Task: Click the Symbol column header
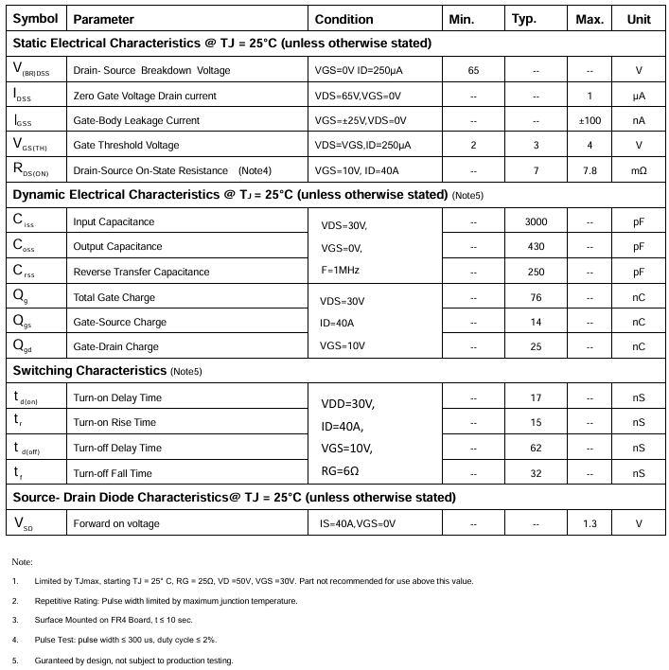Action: point(35,19)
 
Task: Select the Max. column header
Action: point(590,19)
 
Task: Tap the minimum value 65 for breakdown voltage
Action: point(473,71)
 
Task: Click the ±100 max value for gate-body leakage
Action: point(590,120)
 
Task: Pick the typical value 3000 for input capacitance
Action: point(536,221)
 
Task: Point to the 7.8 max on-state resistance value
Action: point(590,170)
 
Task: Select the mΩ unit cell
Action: point(639,170)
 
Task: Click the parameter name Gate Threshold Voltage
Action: point(126,146)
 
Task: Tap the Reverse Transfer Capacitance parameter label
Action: point(141,272)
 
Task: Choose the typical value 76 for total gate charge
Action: point(536,297)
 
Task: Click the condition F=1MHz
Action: point(341,270)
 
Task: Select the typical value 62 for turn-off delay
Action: point(536,448)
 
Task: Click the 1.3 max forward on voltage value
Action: point(590,523)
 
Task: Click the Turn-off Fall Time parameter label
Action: point(113,473)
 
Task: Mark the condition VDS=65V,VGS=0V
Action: point(358,96)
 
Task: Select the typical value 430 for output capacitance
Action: point(536,246)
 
